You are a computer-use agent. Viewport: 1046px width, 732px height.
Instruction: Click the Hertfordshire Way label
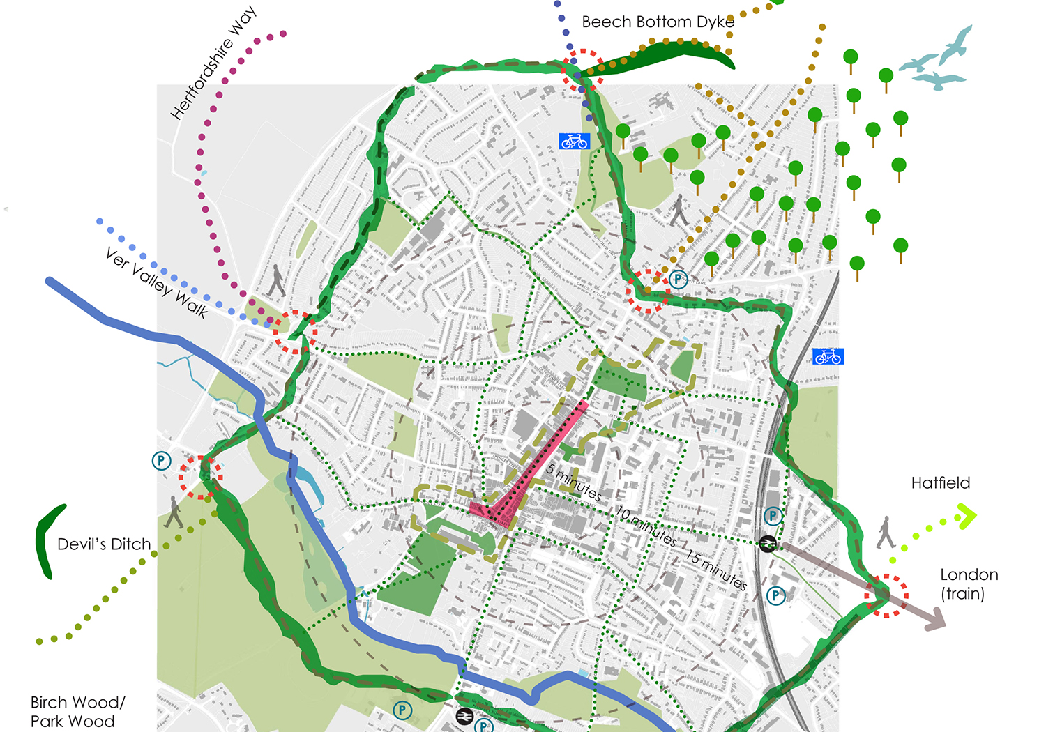214,63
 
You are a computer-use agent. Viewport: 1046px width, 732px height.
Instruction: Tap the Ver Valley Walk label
157,283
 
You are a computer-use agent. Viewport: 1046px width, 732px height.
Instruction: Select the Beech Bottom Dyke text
658,22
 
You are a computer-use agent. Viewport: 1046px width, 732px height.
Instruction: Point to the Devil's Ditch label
104,544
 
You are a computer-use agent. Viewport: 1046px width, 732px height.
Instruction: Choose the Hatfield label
940,483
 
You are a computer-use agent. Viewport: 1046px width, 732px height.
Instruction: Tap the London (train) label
969,584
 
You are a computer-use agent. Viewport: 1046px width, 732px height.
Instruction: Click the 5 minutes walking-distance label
573,482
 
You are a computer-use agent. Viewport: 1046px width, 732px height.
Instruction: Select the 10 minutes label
646,526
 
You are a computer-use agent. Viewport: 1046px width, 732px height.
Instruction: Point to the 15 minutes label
716,570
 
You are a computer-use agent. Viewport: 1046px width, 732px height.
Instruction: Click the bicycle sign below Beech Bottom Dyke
574,142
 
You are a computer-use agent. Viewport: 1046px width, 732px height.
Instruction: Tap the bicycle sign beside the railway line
828,357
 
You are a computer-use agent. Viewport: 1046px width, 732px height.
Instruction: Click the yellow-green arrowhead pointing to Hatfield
967,517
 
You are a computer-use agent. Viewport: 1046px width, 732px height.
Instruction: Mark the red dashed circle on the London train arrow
886,595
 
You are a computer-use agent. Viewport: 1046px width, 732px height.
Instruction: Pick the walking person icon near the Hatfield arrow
886,532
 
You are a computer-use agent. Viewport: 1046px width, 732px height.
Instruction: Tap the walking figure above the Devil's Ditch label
174,512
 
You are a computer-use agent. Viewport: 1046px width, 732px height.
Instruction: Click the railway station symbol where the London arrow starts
767,544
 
